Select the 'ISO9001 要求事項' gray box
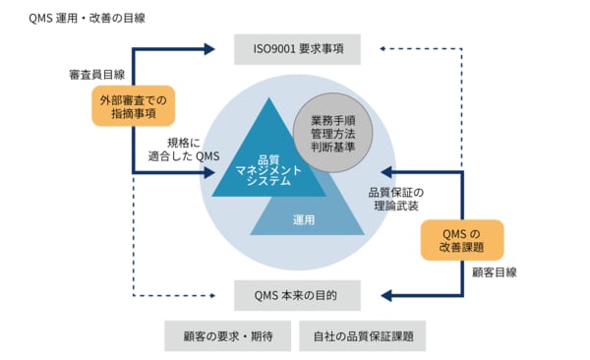tap(296, 48)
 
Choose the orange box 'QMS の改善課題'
tap(459, 240)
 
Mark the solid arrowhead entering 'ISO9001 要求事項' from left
tap(209, 48)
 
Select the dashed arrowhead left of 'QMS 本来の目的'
tap(209, 294)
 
